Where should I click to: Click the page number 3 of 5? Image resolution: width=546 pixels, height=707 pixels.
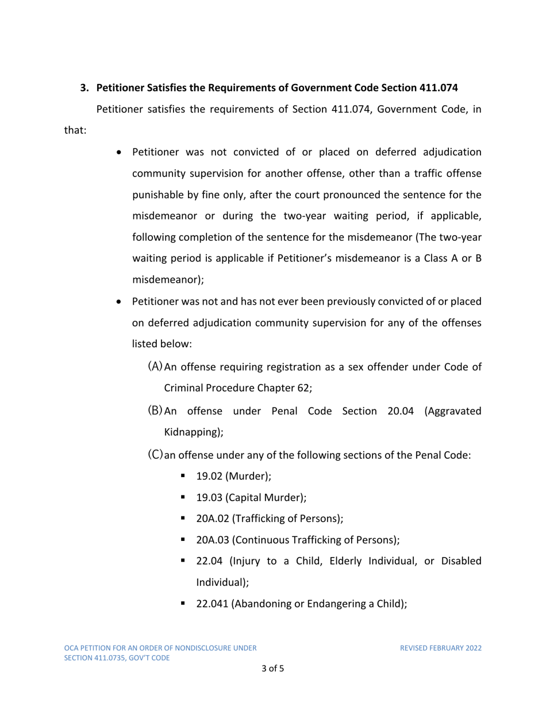[x=272, y=669]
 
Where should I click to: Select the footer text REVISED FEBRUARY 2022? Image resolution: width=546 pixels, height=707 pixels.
[x=441, y=648]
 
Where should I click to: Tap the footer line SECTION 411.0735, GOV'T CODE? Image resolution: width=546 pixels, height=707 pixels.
[x=116, y=658]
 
